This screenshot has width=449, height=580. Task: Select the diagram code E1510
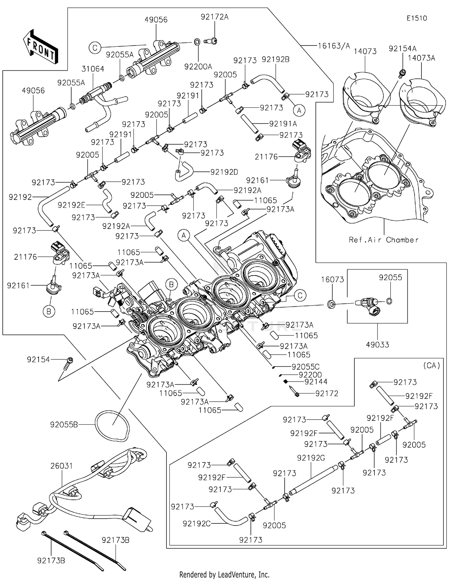pyautogui.click(x=416, y=18)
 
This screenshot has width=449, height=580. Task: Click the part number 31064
pyautogui.click(x=93, y=69)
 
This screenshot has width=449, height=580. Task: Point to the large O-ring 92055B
pyautogui.click(x=112, y=425)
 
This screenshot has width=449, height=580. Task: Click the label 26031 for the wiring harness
pyautogui.click(x=61, y=466)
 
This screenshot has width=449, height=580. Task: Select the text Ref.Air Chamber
pyautogui.click(x=383, y=240)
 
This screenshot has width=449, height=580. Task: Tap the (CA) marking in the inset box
pyautogui.click(x=431, y=365)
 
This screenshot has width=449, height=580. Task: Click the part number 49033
pyautogui.click(x=377, y=345)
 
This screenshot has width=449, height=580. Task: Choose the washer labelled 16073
pyautogui.click(x=331, y=305)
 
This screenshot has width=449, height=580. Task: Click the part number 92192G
pyautogui.click(x=311, y=458)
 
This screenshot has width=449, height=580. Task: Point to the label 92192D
pyautogui.click(x=224, y=172)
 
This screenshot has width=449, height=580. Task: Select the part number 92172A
pyautogui.click(x=214, y=17)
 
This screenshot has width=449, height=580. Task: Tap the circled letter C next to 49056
pyautogui.click(x=95, y=48)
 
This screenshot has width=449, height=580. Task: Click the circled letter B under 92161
pyautogui.click(x=49, y=312)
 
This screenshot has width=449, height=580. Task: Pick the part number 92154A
pyautogui.click(x=402, y=48)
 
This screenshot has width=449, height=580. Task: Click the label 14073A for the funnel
pyautogui.click(x=421, y=58)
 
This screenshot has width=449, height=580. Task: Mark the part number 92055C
pyautogui.click(x=305, y=367)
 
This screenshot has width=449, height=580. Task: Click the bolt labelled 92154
pyautogui.click(x=69, y=360)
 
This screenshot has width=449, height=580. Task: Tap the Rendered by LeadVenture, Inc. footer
pyautogui.click(x=224, y=575)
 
